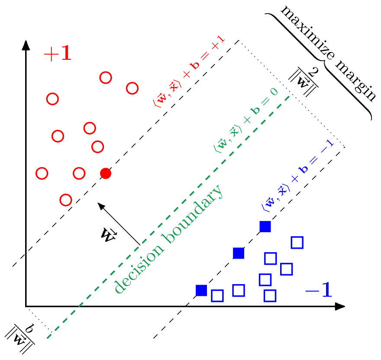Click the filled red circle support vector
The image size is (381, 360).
[x=106, y=173]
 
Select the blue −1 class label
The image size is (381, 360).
[x=318, y=290]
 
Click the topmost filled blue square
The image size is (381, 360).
[x=265, y=227]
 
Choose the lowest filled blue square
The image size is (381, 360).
[x=201, y=290]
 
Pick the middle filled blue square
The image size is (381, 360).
[x=239, y=253]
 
